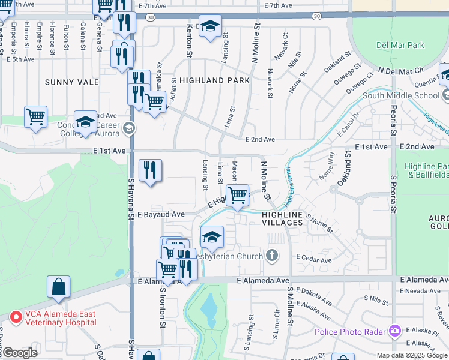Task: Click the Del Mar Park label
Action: click(400, 45)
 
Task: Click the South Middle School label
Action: click(401, 95)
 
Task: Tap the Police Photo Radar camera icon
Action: click(394, 331)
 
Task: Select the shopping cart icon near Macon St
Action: click(238, 196)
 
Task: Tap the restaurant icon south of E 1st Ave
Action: click(150, 170)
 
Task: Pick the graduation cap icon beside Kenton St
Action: click(210, 26)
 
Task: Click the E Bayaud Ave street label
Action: click(161, 214)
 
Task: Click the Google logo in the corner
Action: click(19, 353)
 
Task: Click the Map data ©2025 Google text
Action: click(412, 355)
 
